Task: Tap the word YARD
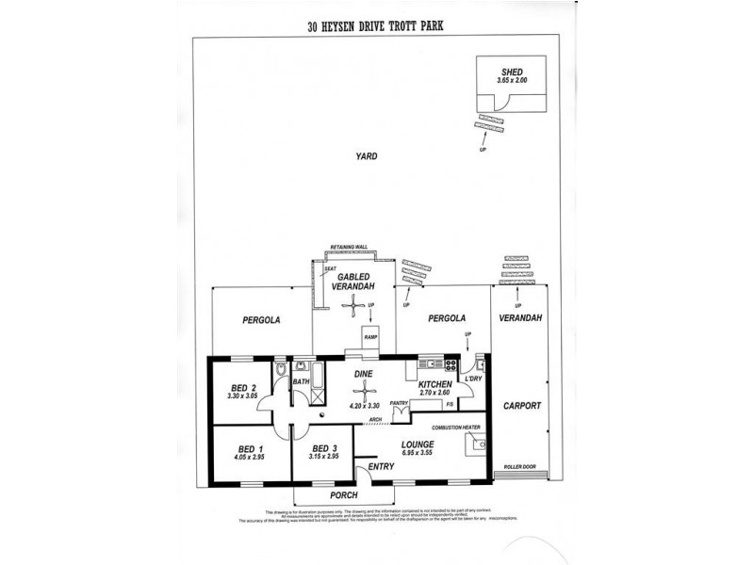[366, 157]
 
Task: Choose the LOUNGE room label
[416, 444]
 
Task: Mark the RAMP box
[369, 335]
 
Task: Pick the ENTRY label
[381, 466]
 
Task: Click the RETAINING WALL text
[348, 248]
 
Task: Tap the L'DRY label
[473, 379]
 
